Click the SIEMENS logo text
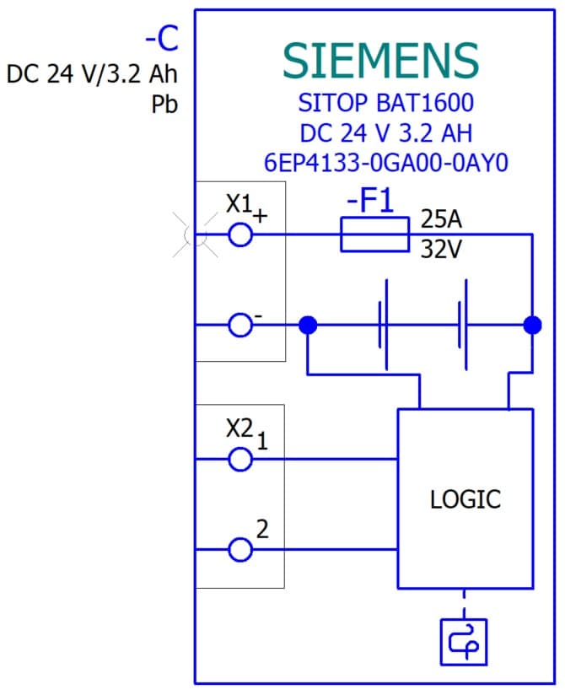380,60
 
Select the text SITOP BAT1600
385,104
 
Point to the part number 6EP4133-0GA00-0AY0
385,163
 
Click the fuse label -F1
371,203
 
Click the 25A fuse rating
441,221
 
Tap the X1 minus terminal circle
240,324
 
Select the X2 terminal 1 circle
240,459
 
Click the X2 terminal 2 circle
240,550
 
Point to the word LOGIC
465,498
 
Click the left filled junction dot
309,324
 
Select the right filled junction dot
532,324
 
